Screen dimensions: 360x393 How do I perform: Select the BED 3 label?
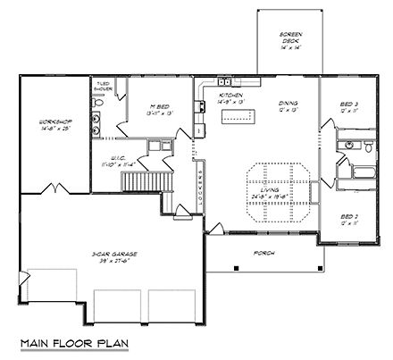(348, 105)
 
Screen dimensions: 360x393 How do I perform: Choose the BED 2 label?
(348, 217)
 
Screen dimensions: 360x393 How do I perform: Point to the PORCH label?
(263, 253)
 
